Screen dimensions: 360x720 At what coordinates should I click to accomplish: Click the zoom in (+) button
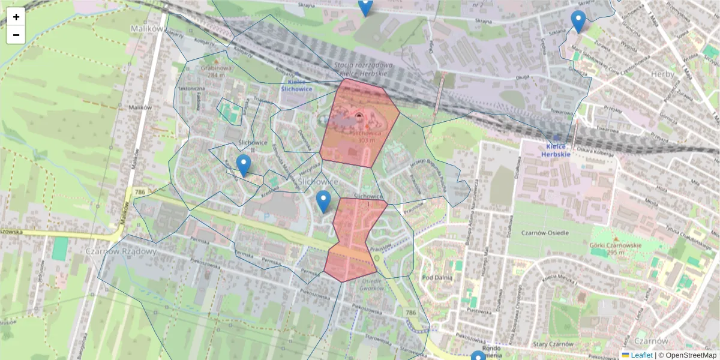[x=16, y=17]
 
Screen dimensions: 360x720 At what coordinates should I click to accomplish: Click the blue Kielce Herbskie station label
[x=555, y=150]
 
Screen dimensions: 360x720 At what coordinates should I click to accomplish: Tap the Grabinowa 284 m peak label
[x=217, y=71]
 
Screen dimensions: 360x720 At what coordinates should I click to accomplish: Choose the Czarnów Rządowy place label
[x=121, y=251]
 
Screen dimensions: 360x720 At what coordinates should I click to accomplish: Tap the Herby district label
[x=662, y=74]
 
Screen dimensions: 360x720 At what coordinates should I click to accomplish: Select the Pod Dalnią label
[x=437, y=277]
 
